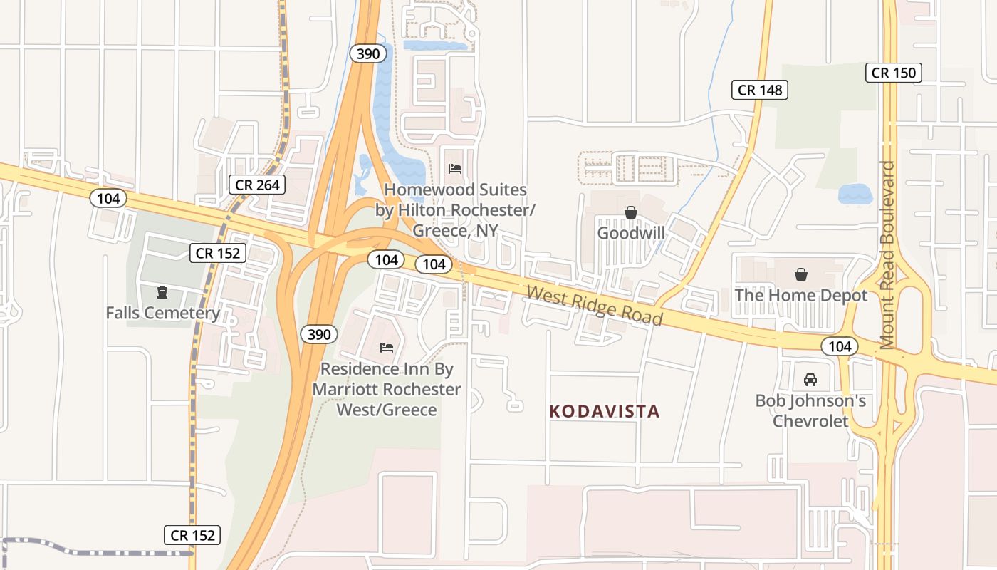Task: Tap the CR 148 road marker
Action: coord(760,90)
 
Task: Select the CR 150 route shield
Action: coord(894,72)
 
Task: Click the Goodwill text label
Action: coord(631,233)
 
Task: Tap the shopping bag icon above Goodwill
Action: coord(630,212)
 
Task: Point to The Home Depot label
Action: coord(801,295)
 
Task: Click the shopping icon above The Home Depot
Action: coord(801,274)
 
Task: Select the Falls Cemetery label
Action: coord(162,313)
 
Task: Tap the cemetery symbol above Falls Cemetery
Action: coord(162,291)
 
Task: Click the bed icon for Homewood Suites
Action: coord(455,169)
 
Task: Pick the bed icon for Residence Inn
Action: coord(387,348)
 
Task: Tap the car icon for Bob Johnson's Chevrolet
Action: coord(810,380)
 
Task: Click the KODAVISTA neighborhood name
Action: coord(605,411)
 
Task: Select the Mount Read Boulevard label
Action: coord(887,254)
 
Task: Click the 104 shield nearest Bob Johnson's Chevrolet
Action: coord(840,347)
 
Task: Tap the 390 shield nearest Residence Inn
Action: coord(318,334)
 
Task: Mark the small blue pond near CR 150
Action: coord(855,194)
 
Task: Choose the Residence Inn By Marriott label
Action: coord(387,389)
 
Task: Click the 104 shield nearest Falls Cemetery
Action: coord(108,199)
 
